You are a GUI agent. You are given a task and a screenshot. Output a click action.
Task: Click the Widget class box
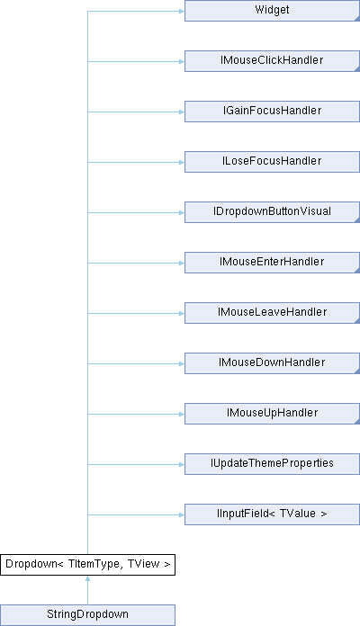tap(272, 11)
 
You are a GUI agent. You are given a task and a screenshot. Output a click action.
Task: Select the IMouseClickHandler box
tap(272, 61)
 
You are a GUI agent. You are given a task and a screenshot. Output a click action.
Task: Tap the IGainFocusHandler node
tap(272, 112)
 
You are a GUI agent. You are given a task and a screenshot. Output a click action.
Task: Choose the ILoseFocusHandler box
tap(272, 162)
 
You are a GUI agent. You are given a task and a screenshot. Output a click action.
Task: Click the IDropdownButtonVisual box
tap(272, 212)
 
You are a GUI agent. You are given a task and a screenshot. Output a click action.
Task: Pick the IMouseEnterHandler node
tap(272, 263)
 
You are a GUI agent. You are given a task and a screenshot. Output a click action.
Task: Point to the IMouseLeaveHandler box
tap(272, 313)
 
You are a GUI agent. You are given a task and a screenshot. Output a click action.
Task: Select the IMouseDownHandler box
tap(272, 362)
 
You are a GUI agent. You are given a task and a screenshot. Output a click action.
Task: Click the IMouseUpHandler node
tap(272, 413)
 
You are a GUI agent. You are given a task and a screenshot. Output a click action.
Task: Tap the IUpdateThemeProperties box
tap(272, 464)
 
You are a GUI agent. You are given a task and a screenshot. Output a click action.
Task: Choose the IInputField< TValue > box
tap(272, 514)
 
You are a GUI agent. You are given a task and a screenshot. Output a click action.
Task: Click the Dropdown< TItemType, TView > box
tap(87, 565)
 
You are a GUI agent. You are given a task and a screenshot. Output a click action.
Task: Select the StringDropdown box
tap(87, 615)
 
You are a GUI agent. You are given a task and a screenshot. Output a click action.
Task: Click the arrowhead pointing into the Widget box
tap(182, 11)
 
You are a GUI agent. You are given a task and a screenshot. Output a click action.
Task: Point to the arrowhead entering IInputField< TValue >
tap(182, 514)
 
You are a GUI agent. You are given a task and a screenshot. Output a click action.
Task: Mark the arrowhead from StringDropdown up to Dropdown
tap(87, 578)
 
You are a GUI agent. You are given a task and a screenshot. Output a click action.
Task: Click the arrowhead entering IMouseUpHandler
tap(182, 414)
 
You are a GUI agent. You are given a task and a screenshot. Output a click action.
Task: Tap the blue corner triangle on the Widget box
tap(358, 19)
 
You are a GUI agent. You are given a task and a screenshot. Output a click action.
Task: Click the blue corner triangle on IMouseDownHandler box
tap(358, 371)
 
